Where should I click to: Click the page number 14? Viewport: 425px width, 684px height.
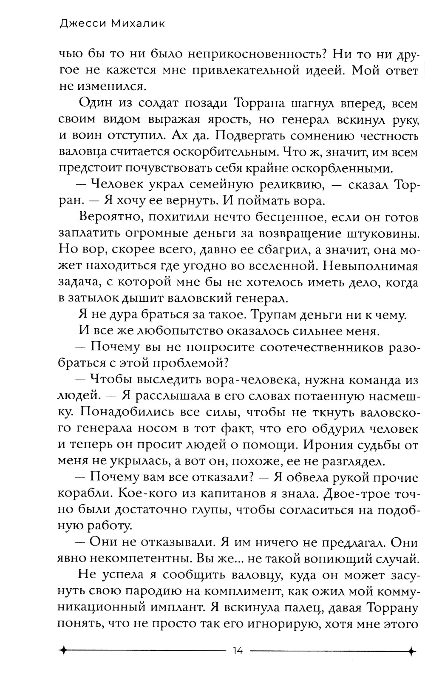238,650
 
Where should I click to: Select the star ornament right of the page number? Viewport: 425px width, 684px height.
411,650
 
